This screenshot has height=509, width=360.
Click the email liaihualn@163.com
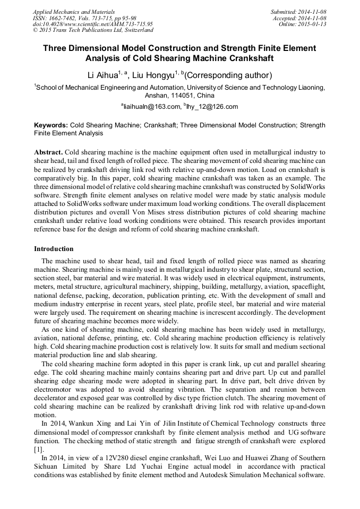(x=151, y=107)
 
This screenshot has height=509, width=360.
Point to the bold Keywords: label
(x=51, y=125)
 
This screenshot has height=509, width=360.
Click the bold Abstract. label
(x=49, y=152)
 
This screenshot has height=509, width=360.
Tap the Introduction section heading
(x=54, y=248)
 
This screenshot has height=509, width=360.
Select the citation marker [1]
(x=38, y=449)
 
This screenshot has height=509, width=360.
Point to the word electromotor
(x=54, y=388)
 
